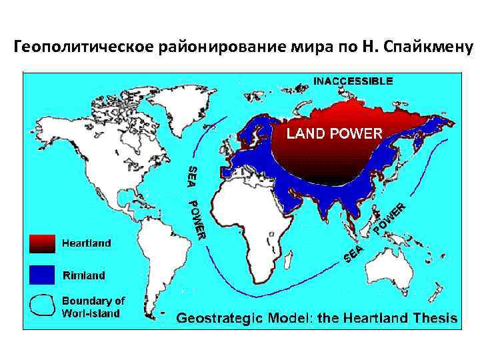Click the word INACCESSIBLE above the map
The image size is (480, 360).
(x=353, y=81)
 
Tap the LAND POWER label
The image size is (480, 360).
(x=334, y=133)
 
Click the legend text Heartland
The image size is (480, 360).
(x=87, y=243)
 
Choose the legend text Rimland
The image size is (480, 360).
(x=83, y=275)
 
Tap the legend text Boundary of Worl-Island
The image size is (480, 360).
(x=93, y=307)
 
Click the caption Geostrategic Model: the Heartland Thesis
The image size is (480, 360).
(x=317, y=318)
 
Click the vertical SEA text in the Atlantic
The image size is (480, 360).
(x=191, y=175)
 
